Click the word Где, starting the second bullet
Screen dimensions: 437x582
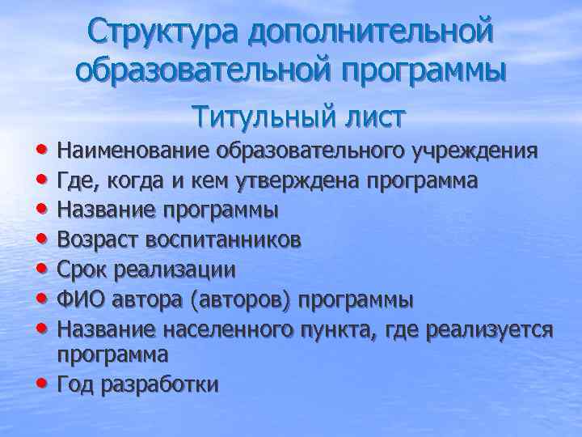point(77,180)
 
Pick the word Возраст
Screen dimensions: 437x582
point(99,240)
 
